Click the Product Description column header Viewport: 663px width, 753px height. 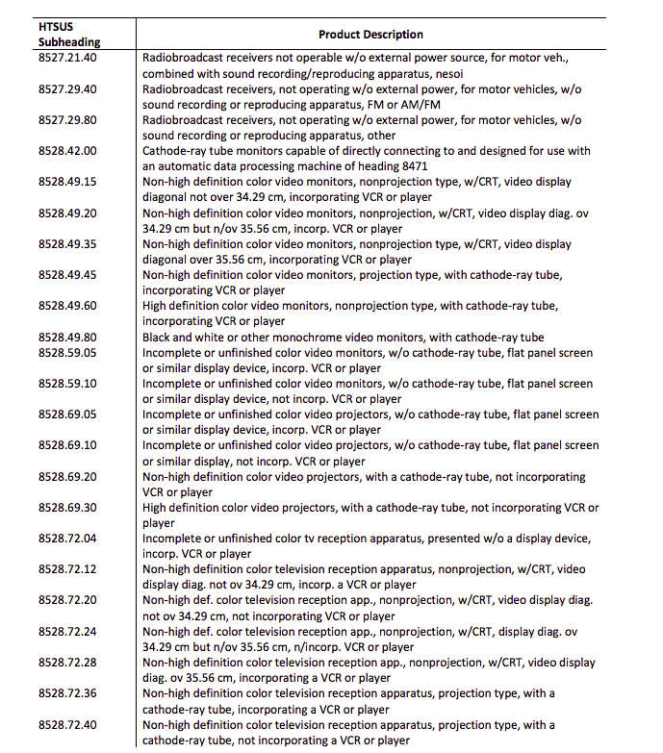click(370, 35)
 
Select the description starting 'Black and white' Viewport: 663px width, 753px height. click(343, 338)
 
